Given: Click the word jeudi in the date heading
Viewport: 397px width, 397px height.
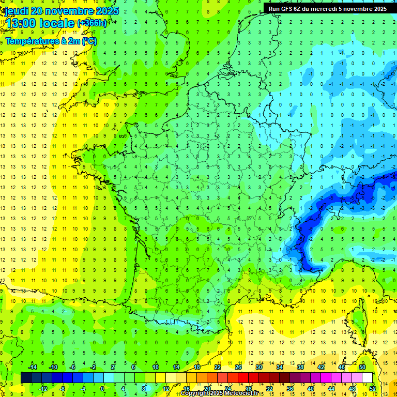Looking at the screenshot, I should pyautogui.click(x=16, y=11).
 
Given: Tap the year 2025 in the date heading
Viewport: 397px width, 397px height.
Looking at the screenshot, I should pyautogui.click(x=106, y=11).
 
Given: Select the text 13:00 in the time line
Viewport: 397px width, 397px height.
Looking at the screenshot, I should pyautogui.click(x=21, y=23).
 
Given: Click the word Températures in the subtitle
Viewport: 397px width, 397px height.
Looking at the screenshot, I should pyautogui.click(x=28, y=41).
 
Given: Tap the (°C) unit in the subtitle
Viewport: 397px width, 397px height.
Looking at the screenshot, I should pyautogui.click(x=88, y=41).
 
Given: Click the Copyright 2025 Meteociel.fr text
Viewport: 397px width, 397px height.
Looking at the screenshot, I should pyautogui.click(x=219, y=393).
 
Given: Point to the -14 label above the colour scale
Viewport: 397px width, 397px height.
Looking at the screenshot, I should pyautogui.click(x=32, y=367).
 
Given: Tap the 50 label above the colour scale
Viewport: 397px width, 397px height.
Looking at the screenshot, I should pyautogui.click(x=362, y=367).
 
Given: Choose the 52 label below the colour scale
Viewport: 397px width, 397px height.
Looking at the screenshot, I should pyautogui.click(x=373, y=388).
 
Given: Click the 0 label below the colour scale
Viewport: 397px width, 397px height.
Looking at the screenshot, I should pyautogui.click(x=102, y=388).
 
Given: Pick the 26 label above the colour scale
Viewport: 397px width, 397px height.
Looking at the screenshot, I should pyautogui.click(x=238, y=367).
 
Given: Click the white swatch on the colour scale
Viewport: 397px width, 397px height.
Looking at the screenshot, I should pyautogui.click(x=368, y=378).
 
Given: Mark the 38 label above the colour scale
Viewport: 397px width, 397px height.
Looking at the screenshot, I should pyautogui.click(x=300, y=367).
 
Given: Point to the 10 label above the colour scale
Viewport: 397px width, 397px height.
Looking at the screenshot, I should pyautogui.click(x=155, y=367).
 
